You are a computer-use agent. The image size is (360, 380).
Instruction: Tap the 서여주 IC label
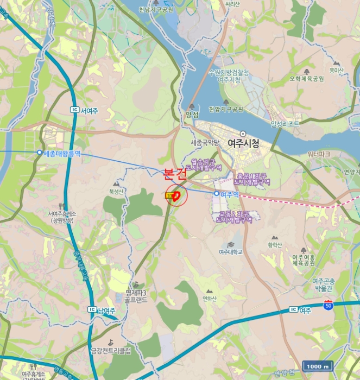point(89,110)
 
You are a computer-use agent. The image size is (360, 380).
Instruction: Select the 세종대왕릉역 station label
point(61,154)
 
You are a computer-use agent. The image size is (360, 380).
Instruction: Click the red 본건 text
point(175,174)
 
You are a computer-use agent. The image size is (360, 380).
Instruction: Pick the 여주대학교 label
point(230,252)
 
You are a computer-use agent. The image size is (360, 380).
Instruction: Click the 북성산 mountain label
point(117,191)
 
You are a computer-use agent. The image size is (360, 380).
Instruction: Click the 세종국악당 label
point(205,143)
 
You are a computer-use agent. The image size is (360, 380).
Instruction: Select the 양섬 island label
point(192,115)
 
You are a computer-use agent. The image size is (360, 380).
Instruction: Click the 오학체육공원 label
point(307,79)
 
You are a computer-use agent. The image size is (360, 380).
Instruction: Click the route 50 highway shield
point(328,305)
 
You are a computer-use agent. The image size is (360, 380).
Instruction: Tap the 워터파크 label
point(319,154)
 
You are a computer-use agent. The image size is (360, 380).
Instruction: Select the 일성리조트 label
point(285,124)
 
